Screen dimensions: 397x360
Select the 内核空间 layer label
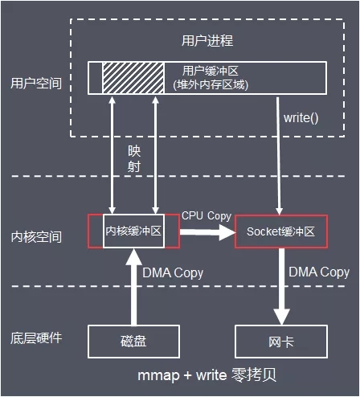pyautogui.click(x=36, y=238)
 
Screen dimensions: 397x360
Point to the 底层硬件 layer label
pyautogui.click(x=36, y=338)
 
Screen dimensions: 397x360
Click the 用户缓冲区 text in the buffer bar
pyautogui.click(x=213, y=71)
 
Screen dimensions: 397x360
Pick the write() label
pyautogui.click(x=301, y=118)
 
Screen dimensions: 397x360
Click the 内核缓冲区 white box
pyautogui.click(x=134, y=231)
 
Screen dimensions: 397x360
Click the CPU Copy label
pyautogui.click(x=207, y=215)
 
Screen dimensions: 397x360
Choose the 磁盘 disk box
pyautogui.click(x=134, y=342)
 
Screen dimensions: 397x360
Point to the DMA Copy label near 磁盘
pyautogui.click(x=173, y=273)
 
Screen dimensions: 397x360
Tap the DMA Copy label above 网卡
pyautogui.click(x=319, y=272)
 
